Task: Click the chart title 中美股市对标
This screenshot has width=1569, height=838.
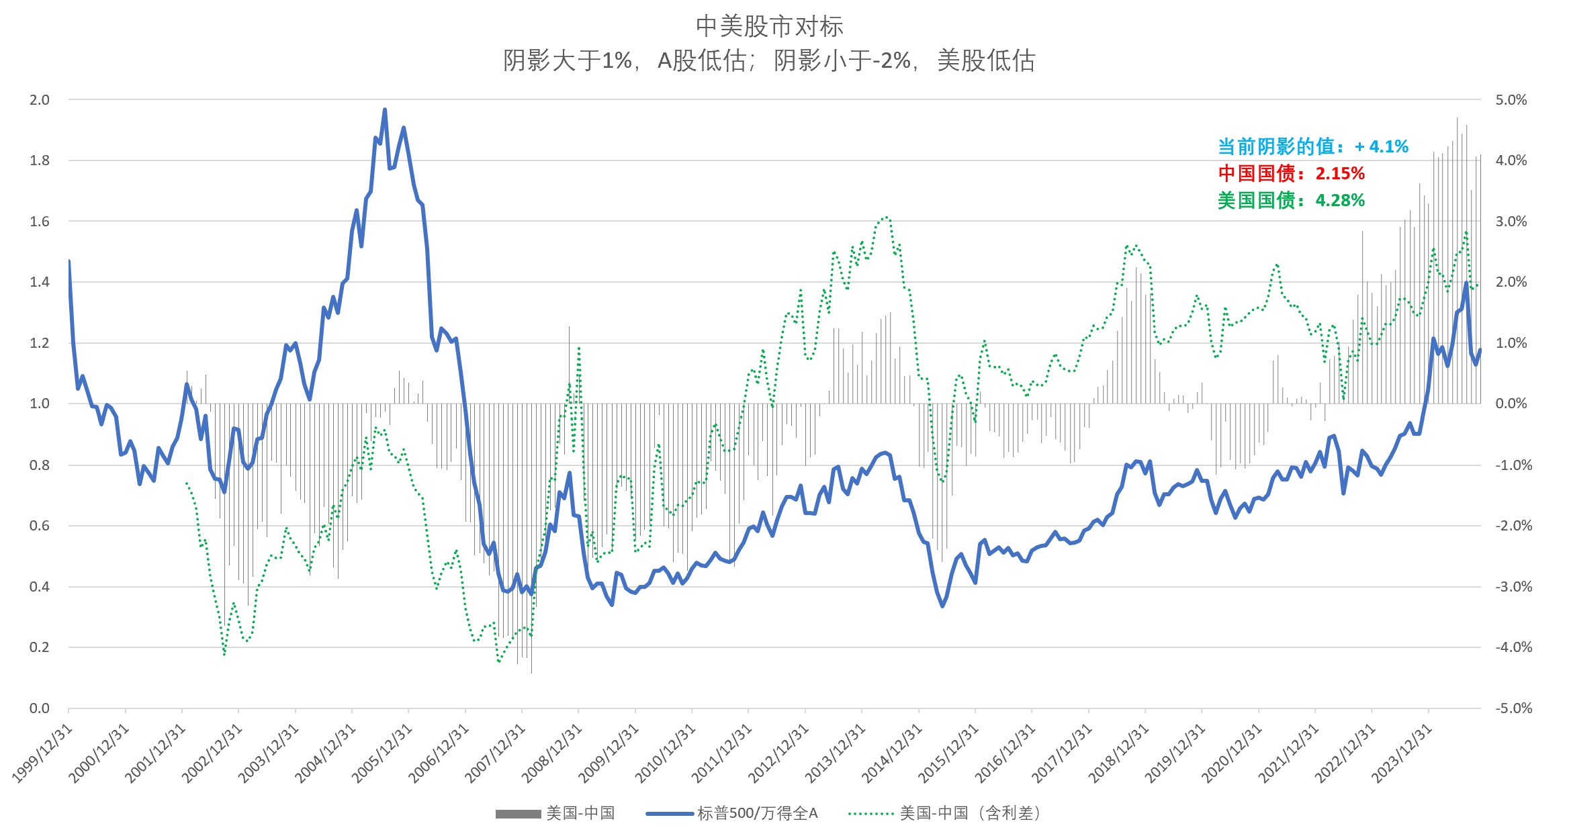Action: coord(769,26)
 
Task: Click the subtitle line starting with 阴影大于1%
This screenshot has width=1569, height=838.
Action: coord(769,61)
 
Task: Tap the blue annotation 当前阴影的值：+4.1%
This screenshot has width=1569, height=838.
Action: coord(1312,146)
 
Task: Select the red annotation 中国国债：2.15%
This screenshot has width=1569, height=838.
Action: coord(1291,173)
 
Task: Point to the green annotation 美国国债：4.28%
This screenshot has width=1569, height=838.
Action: coord(1291,200)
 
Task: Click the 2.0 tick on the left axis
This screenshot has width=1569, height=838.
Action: coord(40,100)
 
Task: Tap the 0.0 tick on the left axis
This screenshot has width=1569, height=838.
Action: coord(40,708)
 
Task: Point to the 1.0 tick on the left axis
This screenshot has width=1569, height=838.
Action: coord(40,404)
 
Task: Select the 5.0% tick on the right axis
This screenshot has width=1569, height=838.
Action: coord(1511,100)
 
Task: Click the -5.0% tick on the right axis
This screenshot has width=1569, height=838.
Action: coord(1513,708)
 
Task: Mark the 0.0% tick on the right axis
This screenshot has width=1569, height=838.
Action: coord(1511,404)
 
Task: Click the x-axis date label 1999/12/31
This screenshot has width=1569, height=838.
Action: coord(42,753)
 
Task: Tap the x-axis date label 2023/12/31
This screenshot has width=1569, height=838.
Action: coord(1402,753)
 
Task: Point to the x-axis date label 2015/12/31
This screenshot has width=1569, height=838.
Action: coord(948,753)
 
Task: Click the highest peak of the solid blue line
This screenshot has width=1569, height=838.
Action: coord(385,109)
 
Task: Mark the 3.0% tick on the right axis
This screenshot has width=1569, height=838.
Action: coord(1511,222)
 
